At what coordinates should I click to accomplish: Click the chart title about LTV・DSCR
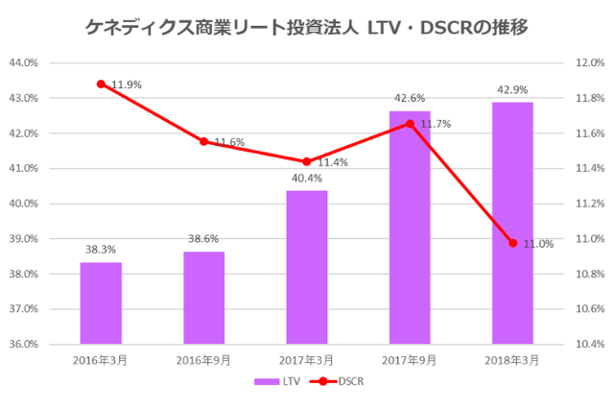point(307,26)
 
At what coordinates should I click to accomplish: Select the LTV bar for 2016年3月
point(101,302)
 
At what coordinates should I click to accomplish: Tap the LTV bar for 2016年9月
point(203,298)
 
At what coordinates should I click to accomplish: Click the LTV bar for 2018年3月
point(512,223)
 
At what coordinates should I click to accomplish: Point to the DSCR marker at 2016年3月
point(101,84)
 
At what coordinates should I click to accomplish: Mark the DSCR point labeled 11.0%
point(512,243)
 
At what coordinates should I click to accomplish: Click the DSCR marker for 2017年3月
point(307,161)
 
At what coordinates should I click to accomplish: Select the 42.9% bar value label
point(512,89)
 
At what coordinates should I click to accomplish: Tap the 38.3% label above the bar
point(101,250)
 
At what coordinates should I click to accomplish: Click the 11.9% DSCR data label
point(127,84)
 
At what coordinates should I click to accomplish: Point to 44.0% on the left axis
point(25,62)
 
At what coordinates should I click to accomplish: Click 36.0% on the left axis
point(25,344)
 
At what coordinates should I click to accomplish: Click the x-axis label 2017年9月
point(410,360)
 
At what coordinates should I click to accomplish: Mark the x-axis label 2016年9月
point(203,360)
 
